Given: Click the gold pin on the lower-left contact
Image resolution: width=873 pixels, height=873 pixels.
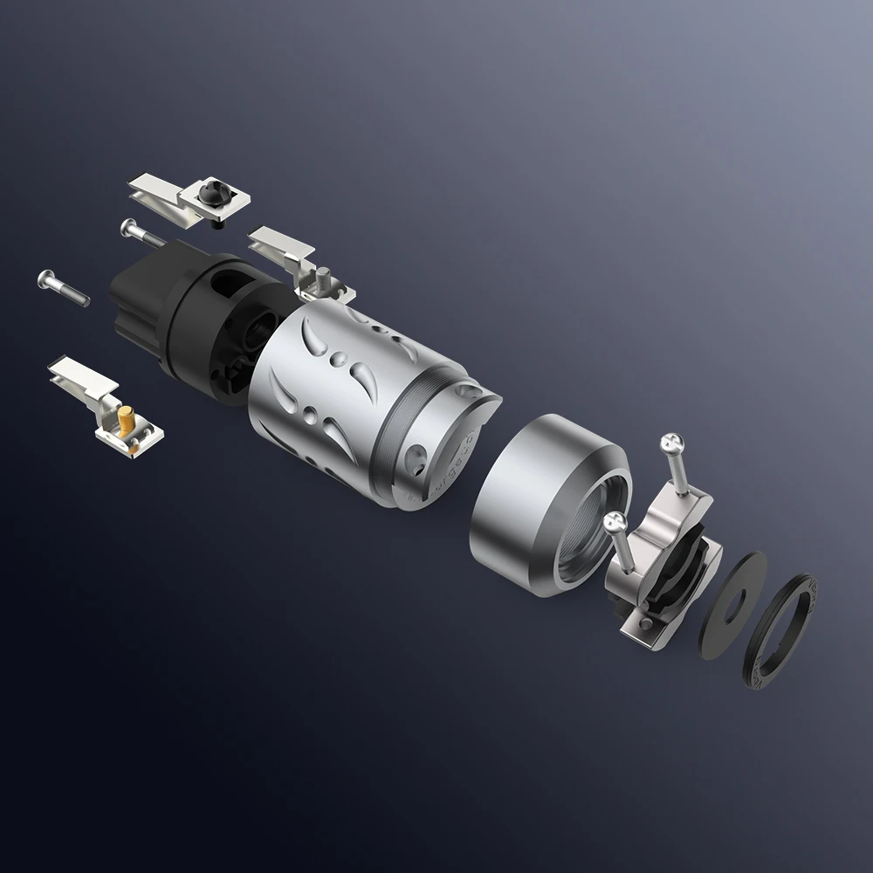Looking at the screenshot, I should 127,421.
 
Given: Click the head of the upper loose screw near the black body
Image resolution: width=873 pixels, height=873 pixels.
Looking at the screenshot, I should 129,226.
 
